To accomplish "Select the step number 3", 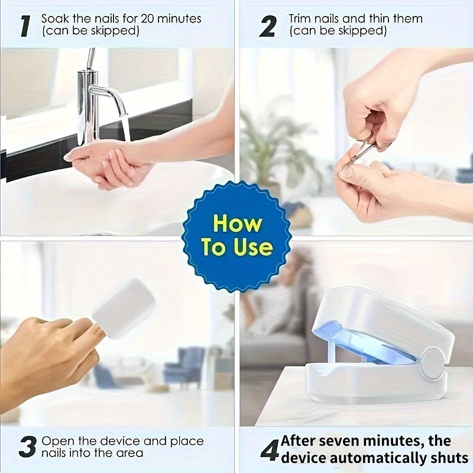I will tap(27, 447).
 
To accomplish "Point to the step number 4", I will tap(269, 449).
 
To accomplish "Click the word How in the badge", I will tap(237, 224).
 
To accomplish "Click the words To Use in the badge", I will tap(237, 247).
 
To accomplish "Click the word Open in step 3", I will tap(57, 441).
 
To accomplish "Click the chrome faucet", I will tap(92, 101).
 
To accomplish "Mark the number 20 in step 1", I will tap(131, 18).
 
